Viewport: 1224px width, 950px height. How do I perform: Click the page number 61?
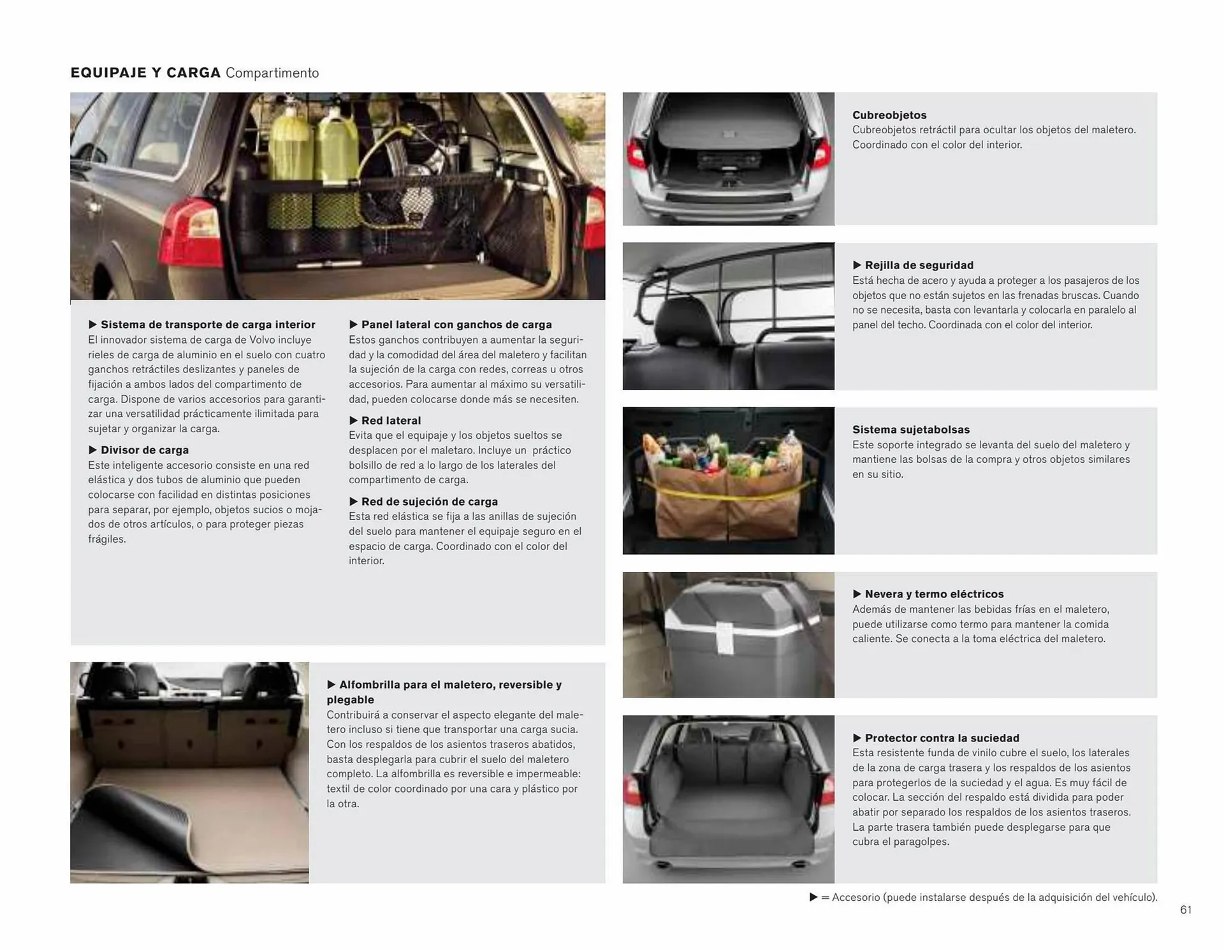(x=1185, y=910)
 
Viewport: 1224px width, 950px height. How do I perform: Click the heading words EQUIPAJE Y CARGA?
(x=145, y=73)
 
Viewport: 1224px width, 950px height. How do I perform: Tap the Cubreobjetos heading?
(x=889, y=115)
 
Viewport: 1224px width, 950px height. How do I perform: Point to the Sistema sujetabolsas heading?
(x=910, y=430)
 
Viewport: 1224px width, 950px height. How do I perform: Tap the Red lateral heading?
(x=391, y=421)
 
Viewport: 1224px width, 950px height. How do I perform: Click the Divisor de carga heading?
(x=144, y=450)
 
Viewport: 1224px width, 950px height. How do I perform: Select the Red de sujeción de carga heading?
(x=429, y=502)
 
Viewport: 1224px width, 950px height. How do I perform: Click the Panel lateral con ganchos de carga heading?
(x=456, y=325)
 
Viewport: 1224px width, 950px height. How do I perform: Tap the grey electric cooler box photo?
(x=733, y=634)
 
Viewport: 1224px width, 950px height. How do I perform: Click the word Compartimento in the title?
(x=272, y=73)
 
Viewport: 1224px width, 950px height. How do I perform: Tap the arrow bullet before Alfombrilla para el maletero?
(x=331, y=685)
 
